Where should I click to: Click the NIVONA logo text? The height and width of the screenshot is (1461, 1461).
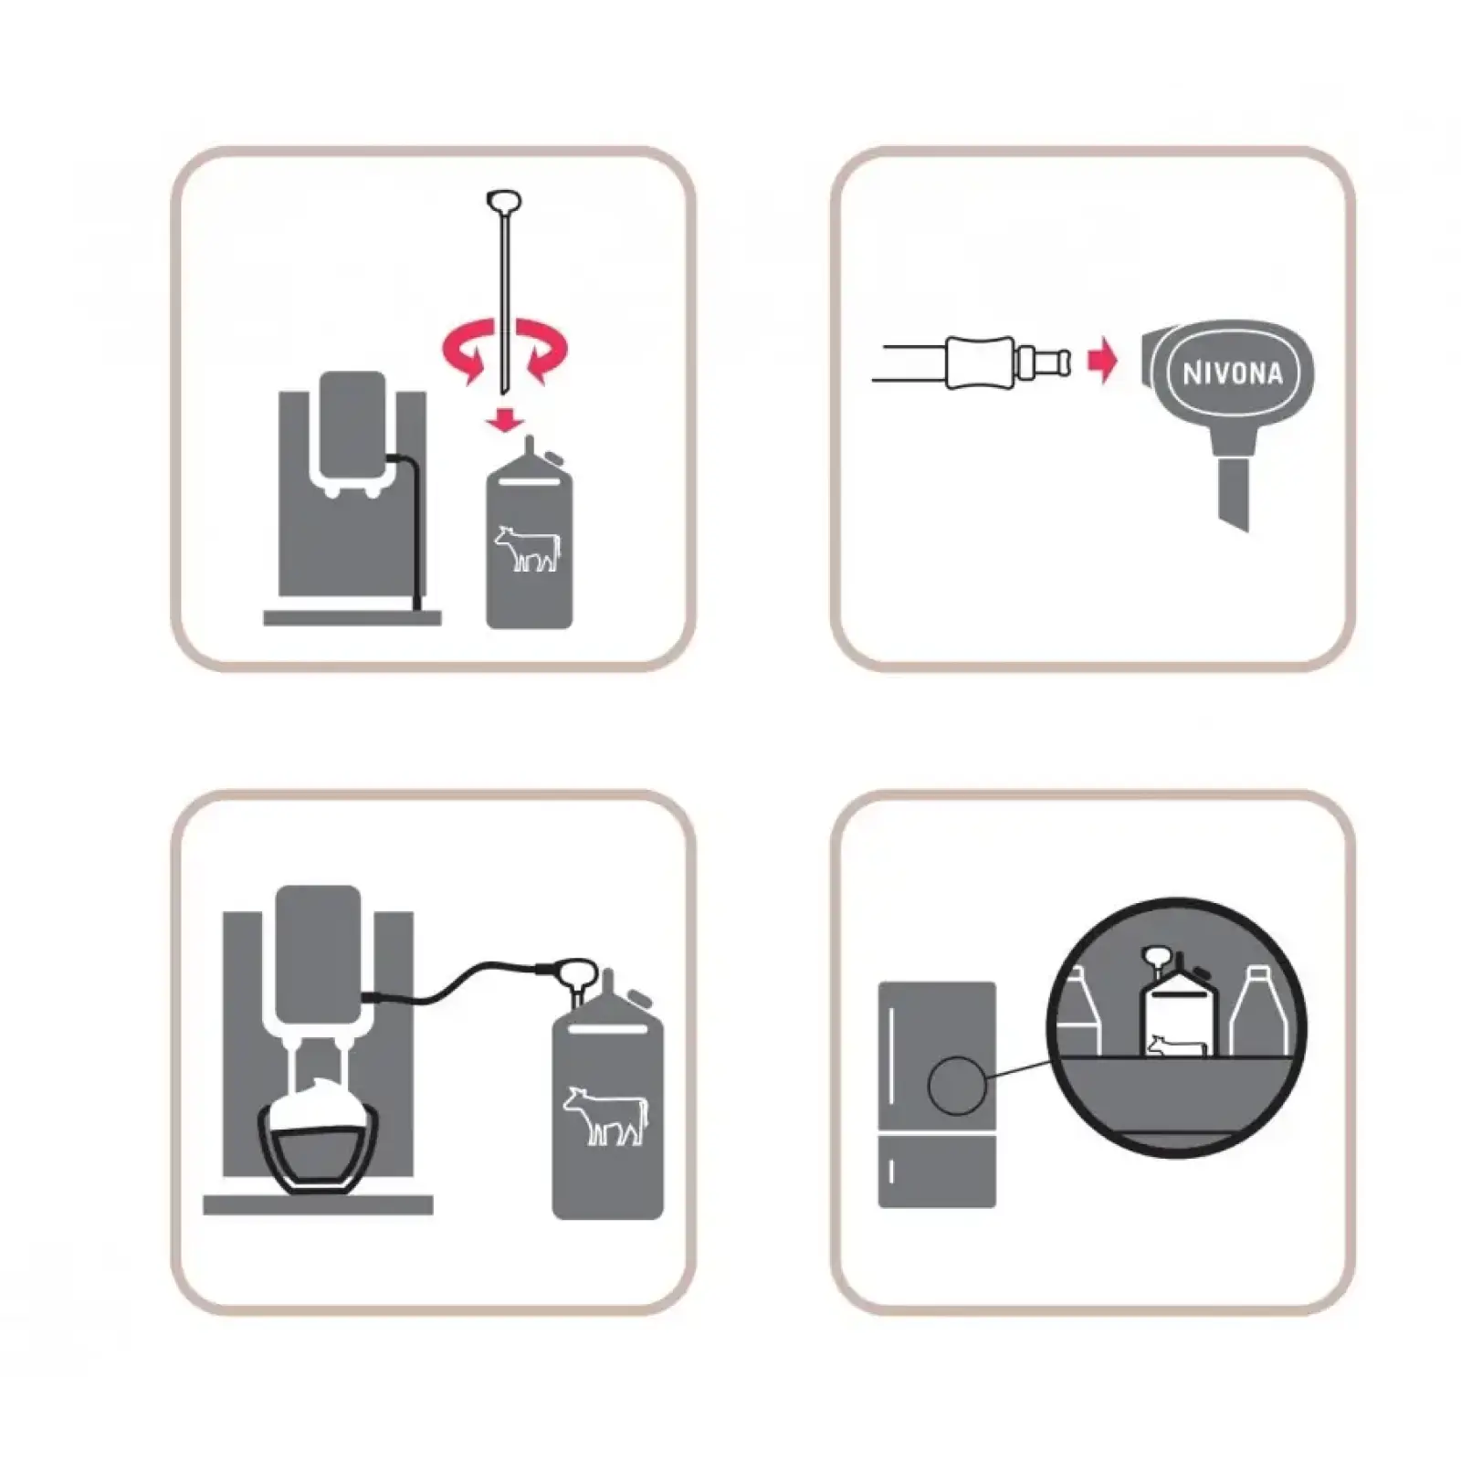[x=1232, y=373]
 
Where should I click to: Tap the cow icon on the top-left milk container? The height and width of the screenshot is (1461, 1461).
[x=527, y=548]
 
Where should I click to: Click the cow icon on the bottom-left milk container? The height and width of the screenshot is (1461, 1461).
[x=604, y=1115]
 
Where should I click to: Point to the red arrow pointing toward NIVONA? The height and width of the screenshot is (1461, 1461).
[x=1103, y=363]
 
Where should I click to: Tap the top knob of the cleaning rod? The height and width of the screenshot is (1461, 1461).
[x=504, y=200]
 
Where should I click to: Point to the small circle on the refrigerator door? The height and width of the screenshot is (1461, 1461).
[x=956, y=1086]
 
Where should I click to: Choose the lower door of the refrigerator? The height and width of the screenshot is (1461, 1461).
[x=937, y=1172]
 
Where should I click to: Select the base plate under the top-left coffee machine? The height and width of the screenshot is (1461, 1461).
[x=352, y=618]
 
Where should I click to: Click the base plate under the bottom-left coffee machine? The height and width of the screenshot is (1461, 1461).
[x=318, y=1205]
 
